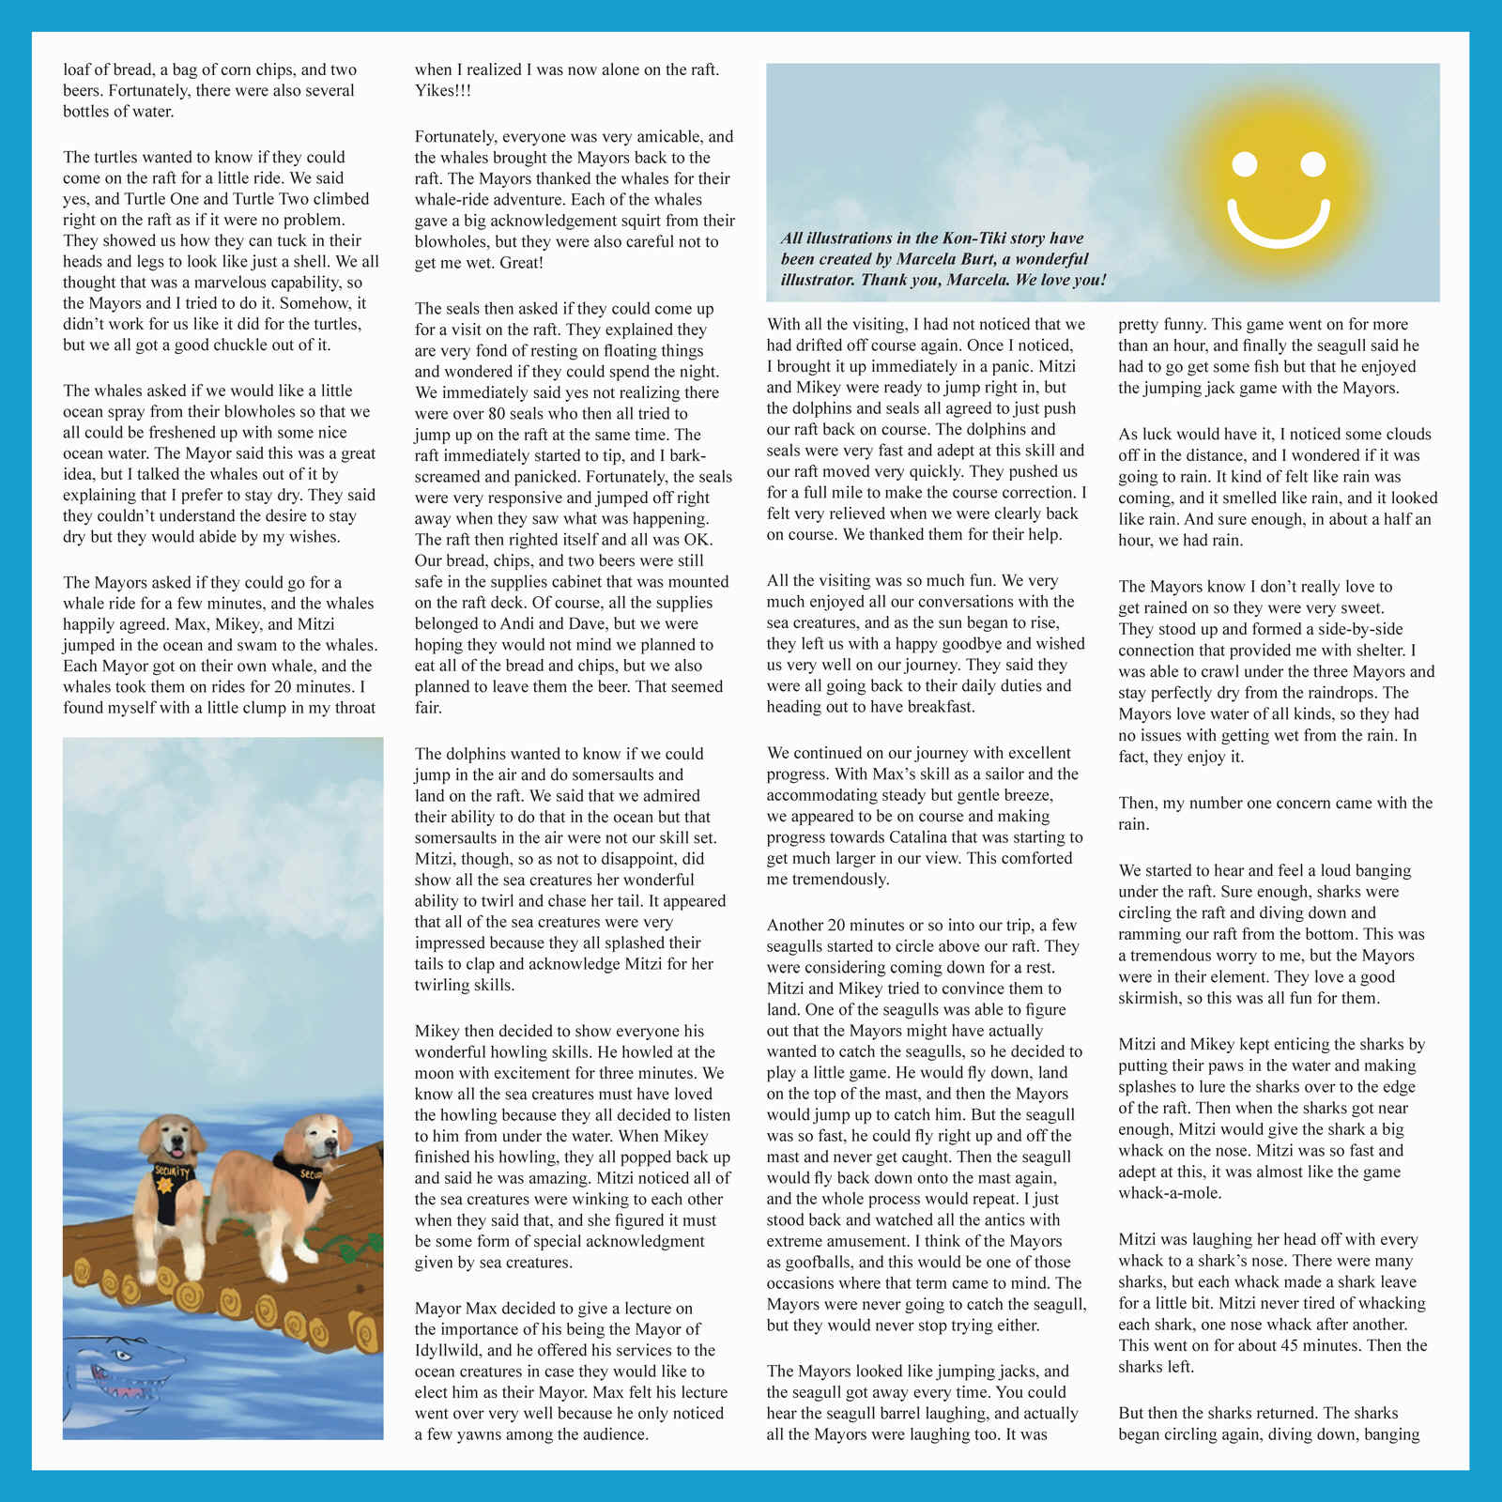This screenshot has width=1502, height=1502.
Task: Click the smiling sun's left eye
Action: (1245, 165)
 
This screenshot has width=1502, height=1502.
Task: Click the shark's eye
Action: (121, 1356)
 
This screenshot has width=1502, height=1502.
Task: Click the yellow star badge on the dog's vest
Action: (166, 1187)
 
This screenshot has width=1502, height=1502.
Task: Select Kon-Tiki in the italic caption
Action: (948, 238)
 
